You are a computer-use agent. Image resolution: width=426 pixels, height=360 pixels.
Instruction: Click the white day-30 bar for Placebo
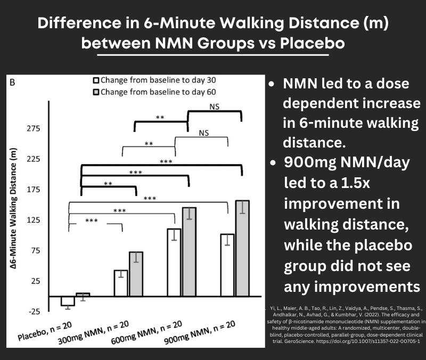click(68, 301)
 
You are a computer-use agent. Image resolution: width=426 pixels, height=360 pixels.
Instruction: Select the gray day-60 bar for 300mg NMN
click(136, 274)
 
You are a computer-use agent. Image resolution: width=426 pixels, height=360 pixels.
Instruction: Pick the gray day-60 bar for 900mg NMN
click(243, 248)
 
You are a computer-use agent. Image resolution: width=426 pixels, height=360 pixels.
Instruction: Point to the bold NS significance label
click(215, 106)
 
